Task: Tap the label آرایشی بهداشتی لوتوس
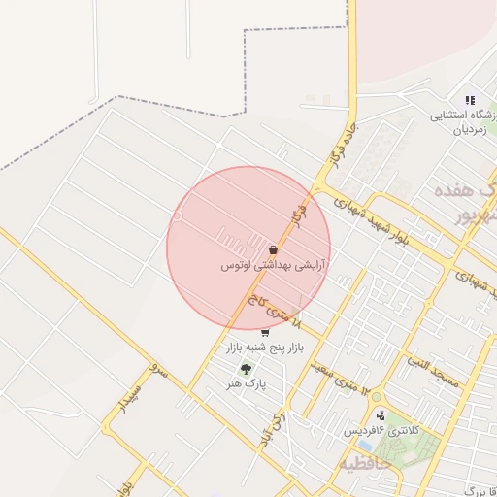coord(274,264)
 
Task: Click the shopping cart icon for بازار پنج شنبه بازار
coord(265,333)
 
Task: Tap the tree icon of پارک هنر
coord(245,369)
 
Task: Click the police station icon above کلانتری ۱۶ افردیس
coord(380,415)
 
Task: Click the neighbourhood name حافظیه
coord(364,464)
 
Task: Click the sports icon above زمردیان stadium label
coord(470,100)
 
